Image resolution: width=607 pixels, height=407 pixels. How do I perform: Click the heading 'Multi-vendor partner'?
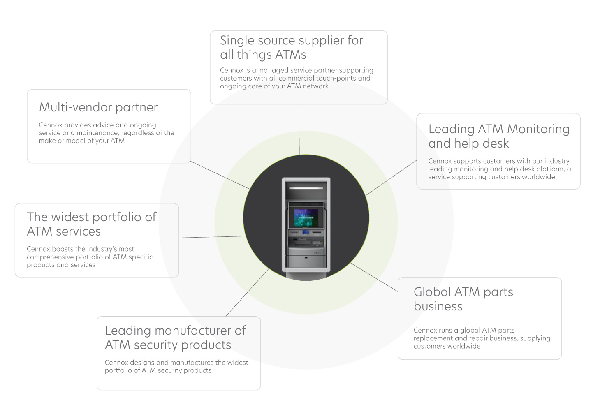pyautogui.click(x=98, y=107)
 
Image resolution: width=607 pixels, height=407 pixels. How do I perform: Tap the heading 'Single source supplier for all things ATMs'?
pyautogui.click(x=291, y=47)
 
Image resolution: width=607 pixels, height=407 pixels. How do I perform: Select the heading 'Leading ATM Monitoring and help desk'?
pyautogui.click(x=498, y=136)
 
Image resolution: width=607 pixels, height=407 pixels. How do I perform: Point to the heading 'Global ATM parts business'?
pyautogui.click(x=463, y=299)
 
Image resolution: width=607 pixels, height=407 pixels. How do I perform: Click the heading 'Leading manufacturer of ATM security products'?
pyautogui.click(x=175, y=338)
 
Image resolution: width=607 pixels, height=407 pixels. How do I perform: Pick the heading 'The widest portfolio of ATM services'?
pyautogui.click(x=91, y=224)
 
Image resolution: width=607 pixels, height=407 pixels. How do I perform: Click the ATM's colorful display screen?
pyautogui.click(x=306, y=218)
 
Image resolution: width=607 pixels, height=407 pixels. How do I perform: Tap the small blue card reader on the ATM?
pyautogui.click(x=306, y=232)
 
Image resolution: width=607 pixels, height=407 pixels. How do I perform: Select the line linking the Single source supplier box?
pyautogui.click(x=299, y=129)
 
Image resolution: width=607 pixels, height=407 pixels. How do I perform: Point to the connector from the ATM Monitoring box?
pyautogui.click(x=391, y=178)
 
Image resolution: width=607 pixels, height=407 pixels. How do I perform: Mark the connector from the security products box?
pyautogui.click(x=248, y=292)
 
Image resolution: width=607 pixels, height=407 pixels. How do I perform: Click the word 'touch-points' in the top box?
pyautogui.click(x=336, y=78)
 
